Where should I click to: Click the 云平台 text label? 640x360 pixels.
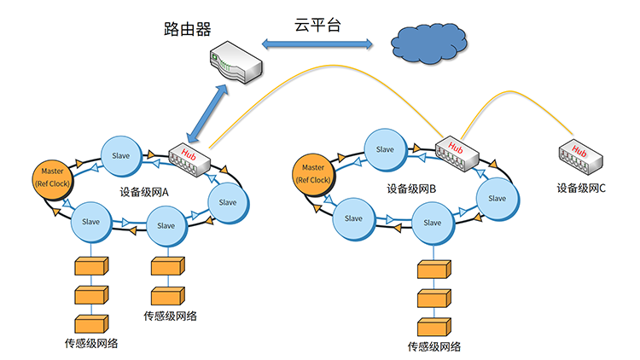(318, 25)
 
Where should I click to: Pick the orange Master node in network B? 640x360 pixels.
(312, 173)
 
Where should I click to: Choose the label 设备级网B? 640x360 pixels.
(411, 189)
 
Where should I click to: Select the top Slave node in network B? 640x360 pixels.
(386, 150)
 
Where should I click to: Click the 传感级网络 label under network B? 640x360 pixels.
(434, 346)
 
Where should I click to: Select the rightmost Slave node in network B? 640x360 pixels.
(497, 198)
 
